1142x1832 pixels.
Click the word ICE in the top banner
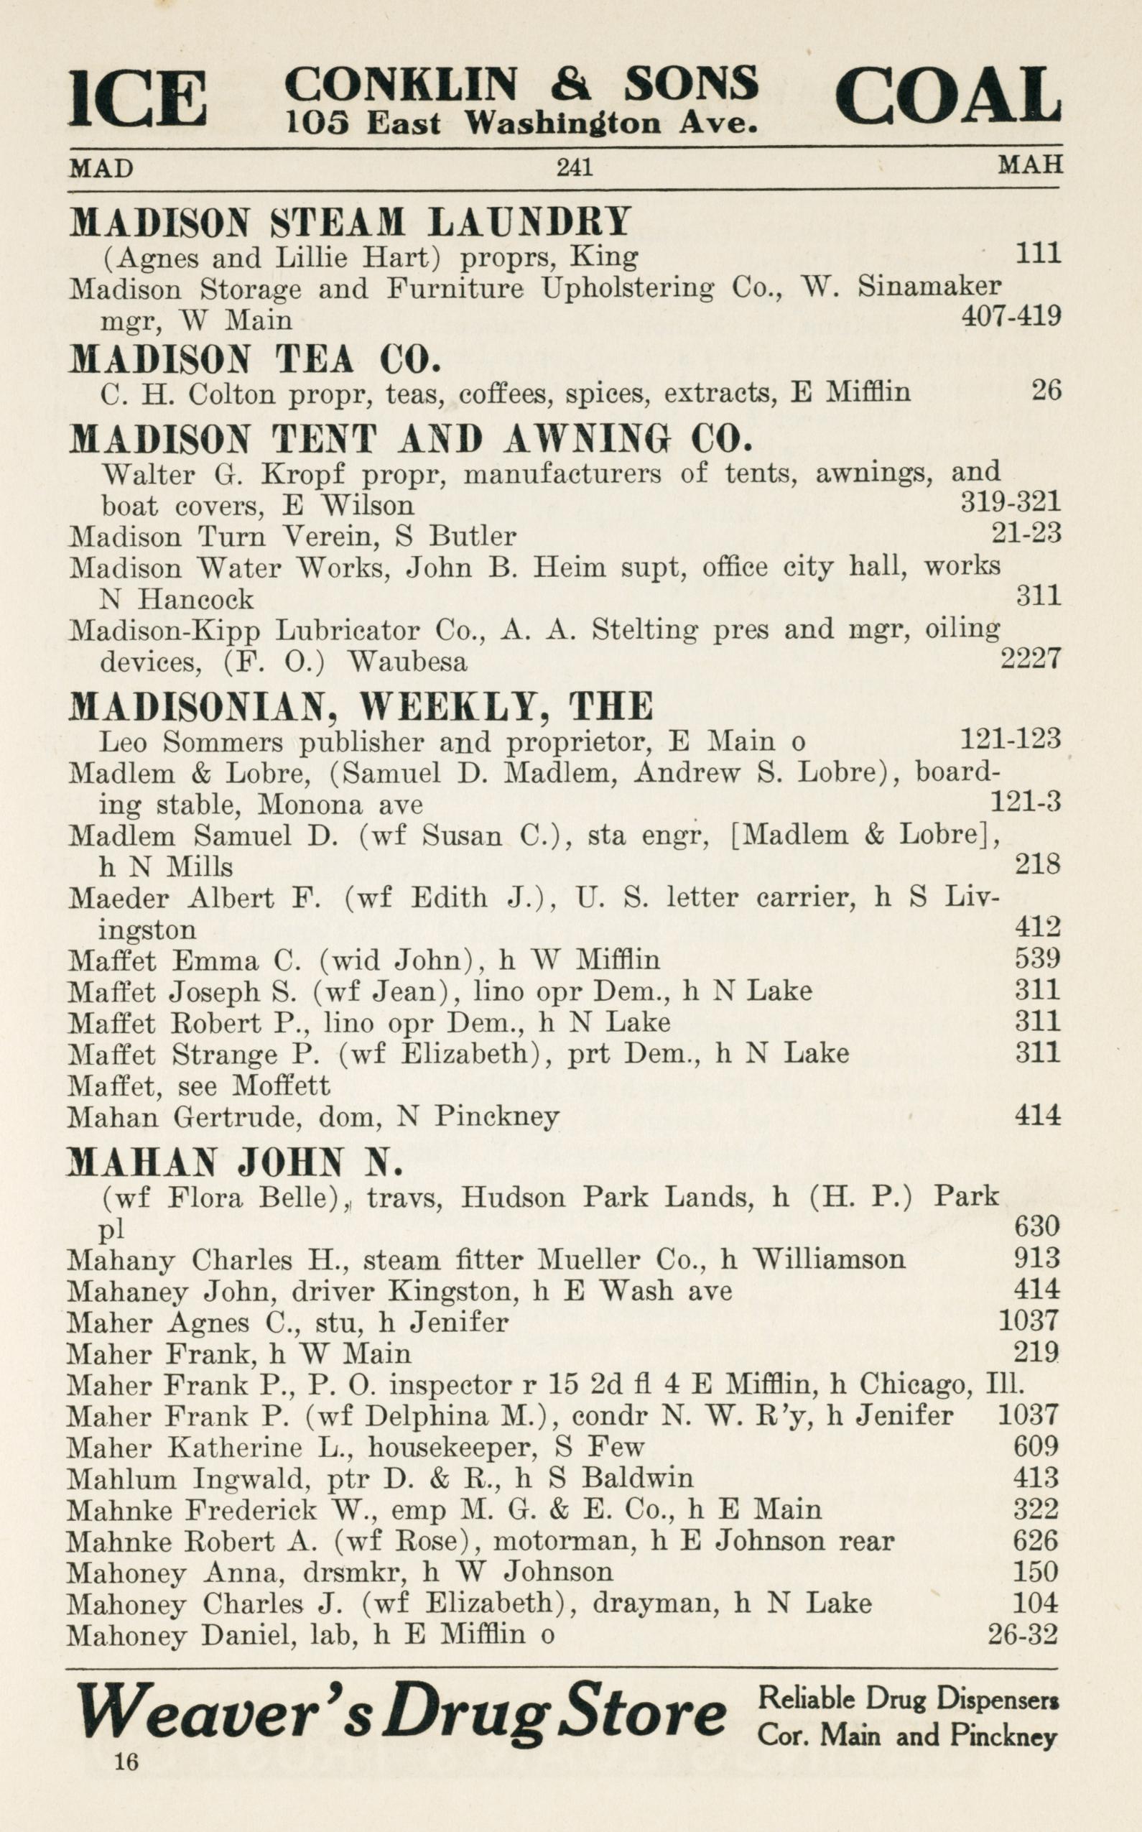coord(137,98)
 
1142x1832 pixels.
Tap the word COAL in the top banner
coord(948,96)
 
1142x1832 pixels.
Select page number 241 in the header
coord(574,166)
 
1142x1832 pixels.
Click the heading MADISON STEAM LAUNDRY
coord(350,222)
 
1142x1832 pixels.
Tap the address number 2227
coord(1030,659)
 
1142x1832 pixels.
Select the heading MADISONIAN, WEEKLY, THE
coord(361,706)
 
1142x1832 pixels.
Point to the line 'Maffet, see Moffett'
coord(199,1086)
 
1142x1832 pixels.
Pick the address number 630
coord(1038,1226)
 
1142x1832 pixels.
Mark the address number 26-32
coord(1023,1634)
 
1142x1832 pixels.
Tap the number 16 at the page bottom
coord(127,1762)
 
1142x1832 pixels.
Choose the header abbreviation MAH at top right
coord(1030,165)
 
